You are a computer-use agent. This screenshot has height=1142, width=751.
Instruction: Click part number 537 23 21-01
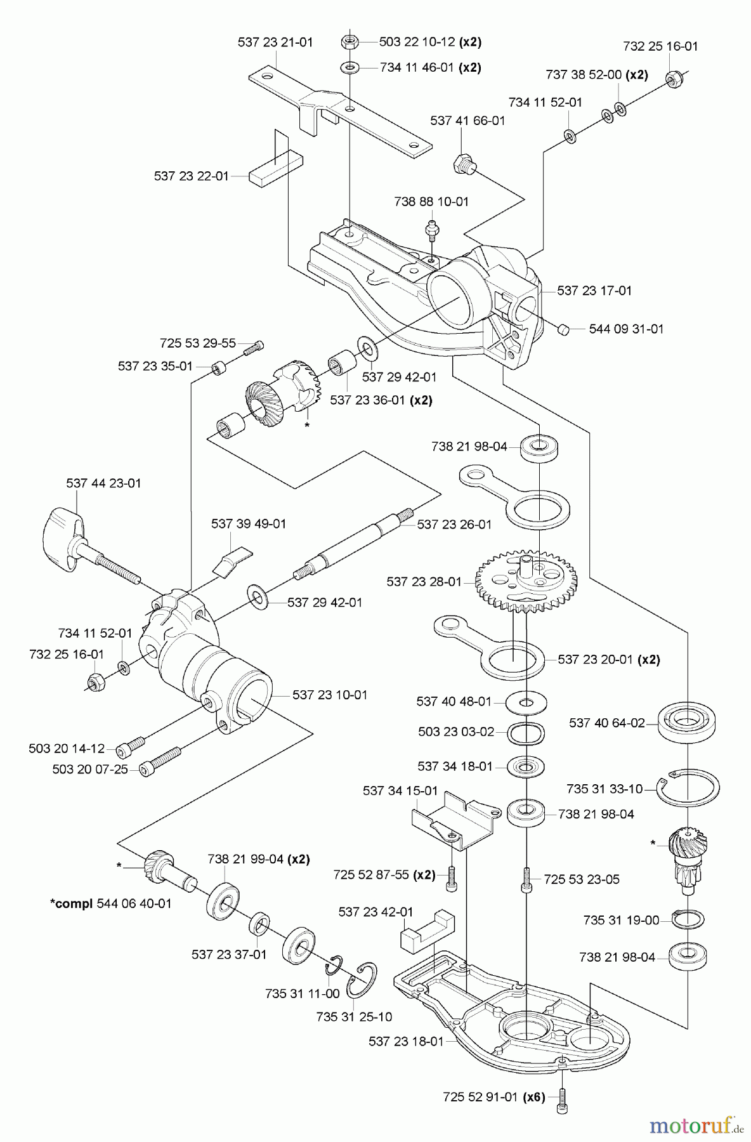point(275,43)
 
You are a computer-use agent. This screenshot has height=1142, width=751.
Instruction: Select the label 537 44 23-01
point(103,483)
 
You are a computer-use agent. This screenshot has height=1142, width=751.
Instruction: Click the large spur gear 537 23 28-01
point(526,579)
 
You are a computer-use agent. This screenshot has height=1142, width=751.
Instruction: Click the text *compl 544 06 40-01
point(111,903)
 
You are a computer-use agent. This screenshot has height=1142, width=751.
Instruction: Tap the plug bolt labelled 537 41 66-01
point(463,163)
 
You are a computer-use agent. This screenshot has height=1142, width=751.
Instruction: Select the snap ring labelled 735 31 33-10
point(688,789)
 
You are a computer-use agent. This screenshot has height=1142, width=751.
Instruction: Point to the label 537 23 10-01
point(330,695)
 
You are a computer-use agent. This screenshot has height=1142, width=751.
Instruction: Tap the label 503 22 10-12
point(417,42)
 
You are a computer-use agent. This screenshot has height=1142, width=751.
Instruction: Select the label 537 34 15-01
point(400,791)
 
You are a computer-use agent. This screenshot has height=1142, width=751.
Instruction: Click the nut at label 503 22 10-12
point(349,42)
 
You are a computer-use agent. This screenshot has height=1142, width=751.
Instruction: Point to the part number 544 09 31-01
point(626,329)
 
